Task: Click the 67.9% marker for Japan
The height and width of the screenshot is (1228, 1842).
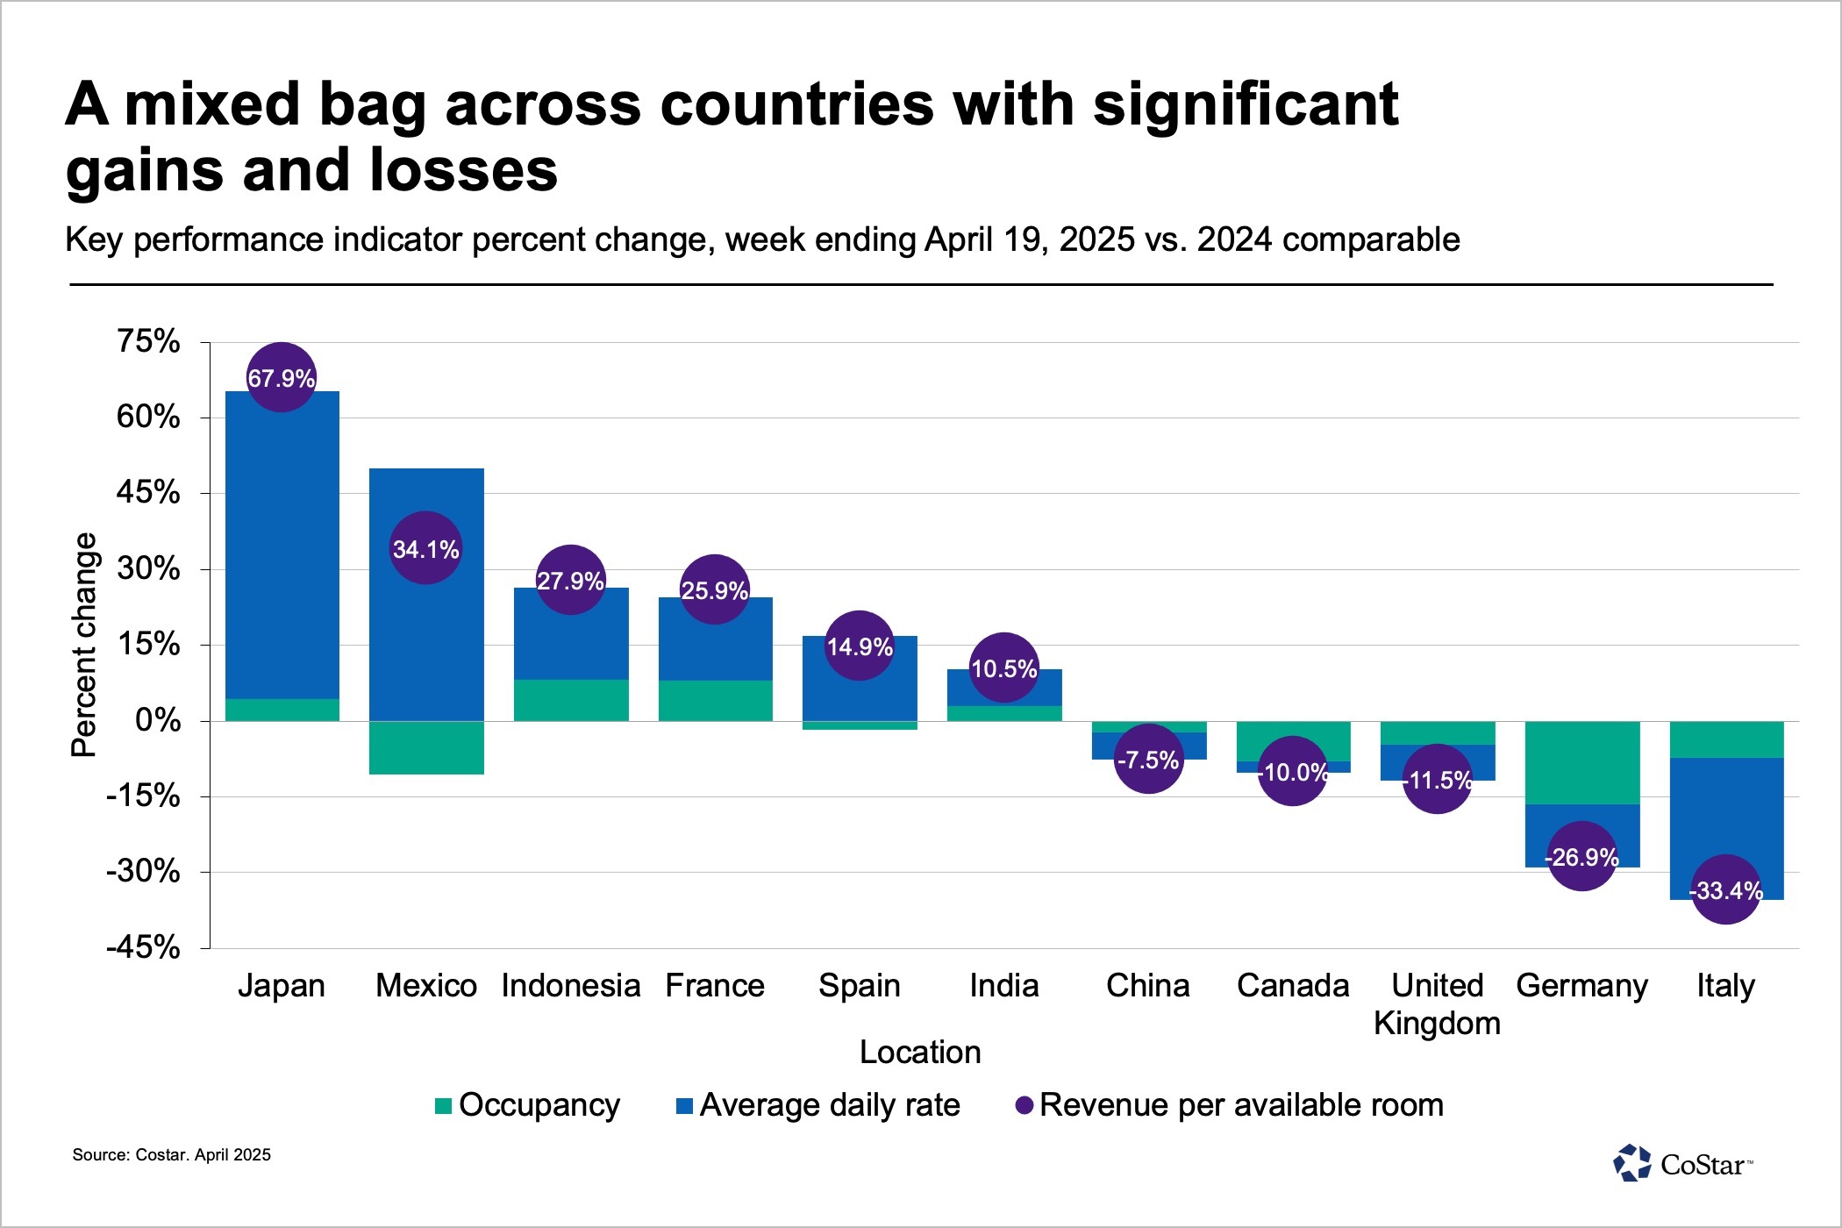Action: tap(281, 377)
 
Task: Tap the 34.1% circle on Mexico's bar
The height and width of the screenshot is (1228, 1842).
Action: tap(425, 548)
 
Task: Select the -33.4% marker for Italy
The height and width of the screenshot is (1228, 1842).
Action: tap(1725, 889)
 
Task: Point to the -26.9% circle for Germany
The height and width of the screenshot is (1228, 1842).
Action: tap(1581, 856)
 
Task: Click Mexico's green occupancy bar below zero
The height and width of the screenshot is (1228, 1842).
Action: tap(426, 747)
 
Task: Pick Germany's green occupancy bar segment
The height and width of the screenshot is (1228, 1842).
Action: tap(1582, 762)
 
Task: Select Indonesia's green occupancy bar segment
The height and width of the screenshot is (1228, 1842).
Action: tap(571, 700)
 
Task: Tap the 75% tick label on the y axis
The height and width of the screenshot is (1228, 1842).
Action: tap(148, 341)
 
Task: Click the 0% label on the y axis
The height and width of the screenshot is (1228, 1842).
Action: tap(158, 720)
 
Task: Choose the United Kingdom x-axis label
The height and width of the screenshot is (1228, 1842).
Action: tap(1437, 1003)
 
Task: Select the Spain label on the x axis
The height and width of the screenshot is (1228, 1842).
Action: tap(860, 985)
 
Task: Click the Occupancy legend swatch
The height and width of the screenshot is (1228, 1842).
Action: tap(444, 1105)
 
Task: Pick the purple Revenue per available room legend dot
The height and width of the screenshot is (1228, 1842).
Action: tap(1024, 1105)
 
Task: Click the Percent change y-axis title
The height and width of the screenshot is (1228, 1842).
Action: tap(84, 645)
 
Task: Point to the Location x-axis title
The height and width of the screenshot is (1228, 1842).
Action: tap(920, 1052)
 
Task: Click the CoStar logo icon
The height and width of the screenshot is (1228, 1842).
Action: tap(1631, 1163)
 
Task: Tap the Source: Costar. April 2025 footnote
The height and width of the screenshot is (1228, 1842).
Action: tap(172, 1154)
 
